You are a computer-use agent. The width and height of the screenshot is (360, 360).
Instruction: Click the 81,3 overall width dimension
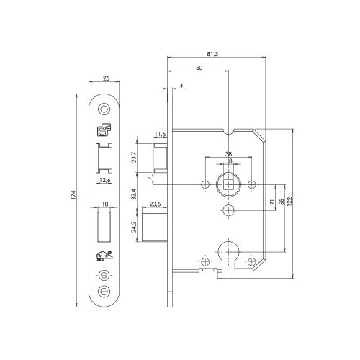pos(212,54)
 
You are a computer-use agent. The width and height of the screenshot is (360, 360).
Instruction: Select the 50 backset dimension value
pos(199,68)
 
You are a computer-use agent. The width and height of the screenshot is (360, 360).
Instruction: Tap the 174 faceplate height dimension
pos(73,195)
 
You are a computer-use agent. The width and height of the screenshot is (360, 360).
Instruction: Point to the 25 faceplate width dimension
pos(106,78)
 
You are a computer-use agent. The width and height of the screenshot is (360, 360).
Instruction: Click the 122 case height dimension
pos(289,201)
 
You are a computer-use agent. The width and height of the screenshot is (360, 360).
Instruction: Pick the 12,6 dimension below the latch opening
pos(104,180)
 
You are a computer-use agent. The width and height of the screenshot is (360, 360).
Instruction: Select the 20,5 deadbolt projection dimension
pos(155,204)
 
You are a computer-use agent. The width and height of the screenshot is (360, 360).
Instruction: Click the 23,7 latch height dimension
pos(134,158)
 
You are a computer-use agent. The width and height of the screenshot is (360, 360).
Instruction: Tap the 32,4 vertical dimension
pos(134,194)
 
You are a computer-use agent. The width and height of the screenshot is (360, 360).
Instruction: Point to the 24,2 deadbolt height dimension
pos(134,227)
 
